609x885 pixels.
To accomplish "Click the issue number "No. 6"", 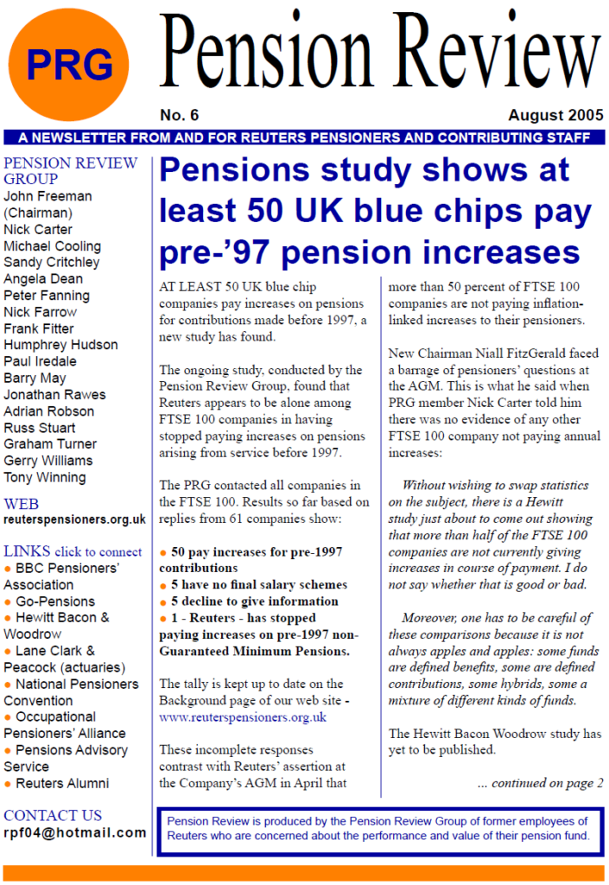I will pyautogui.click(x=179, y=116).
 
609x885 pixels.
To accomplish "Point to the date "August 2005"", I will pyautogui.click(x=555, y=116).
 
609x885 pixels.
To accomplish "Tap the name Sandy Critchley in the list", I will pyautogui.click(x=51, y=262).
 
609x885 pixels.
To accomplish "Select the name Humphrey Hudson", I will pyautogui.click(x=60, y=345).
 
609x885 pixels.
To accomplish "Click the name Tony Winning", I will pyautogui.click(x=45, y=477).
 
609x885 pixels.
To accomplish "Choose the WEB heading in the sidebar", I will pyautogui.click(x=22, y=504).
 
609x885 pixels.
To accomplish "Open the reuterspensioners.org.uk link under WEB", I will pyautogui.click(x=74, y=519).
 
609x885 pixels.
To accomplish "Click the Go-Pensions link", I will pyautogui.click(x=55, y=602).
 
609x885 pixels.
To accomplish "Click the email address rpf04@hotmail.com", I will pyautogui.click(x=74, y=832).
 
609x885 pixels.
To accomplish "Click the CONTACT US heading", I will pyautogui.click(x=53, y=815).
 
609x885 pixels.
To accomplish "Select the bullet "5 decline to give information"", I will pyautogui.click(x=255, y=602).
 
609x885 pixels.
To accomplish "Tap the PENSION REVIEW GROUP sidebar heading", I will pyautogui.click(x=69, y=170).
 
